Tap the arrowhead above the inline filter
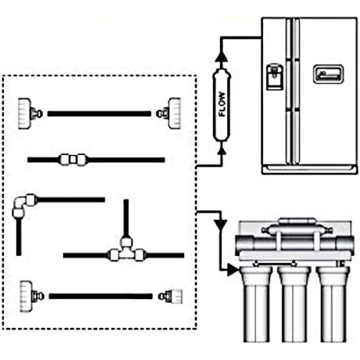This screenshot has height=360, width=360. [222, 57]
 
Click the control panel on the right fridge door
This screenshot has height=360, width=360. [328, 74]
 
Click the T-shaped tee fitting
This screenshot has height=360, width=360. [127, 251]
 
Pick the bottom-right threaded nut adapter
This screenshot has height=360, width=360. [172, 296]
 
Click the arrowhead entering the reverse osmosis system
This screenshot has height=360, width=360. [232, 270]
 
